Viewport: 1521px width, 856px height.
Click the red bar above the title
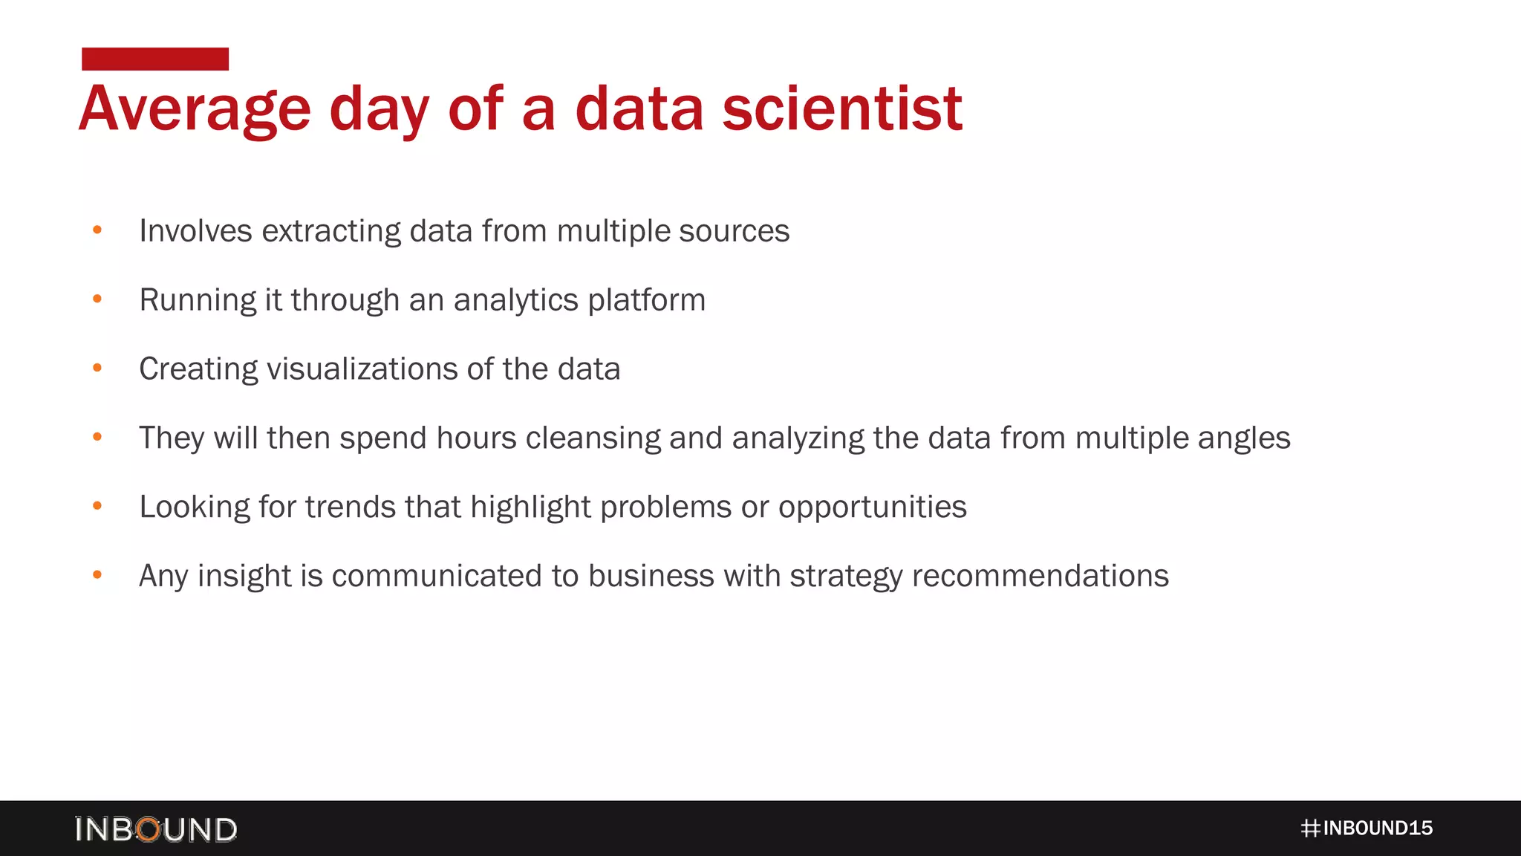[155, 59]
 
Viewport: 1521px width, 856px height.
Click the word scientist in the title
[842, 108]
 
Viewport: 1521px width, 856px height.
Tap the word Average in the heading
[195, 110]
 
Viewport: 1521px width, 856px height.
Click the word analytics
[515, 300]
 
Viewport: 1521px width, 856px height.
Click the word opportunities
[872, 508]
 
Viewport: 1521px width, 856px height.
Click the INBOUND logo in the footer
[156, 829]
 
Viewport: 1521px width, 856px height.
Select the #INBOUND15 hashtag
[1367, 828]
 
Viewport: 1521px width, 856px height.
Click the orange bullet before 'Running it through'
[97, 299]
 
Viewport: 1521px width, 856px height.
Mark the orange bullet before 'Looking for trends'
[97, 506]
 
